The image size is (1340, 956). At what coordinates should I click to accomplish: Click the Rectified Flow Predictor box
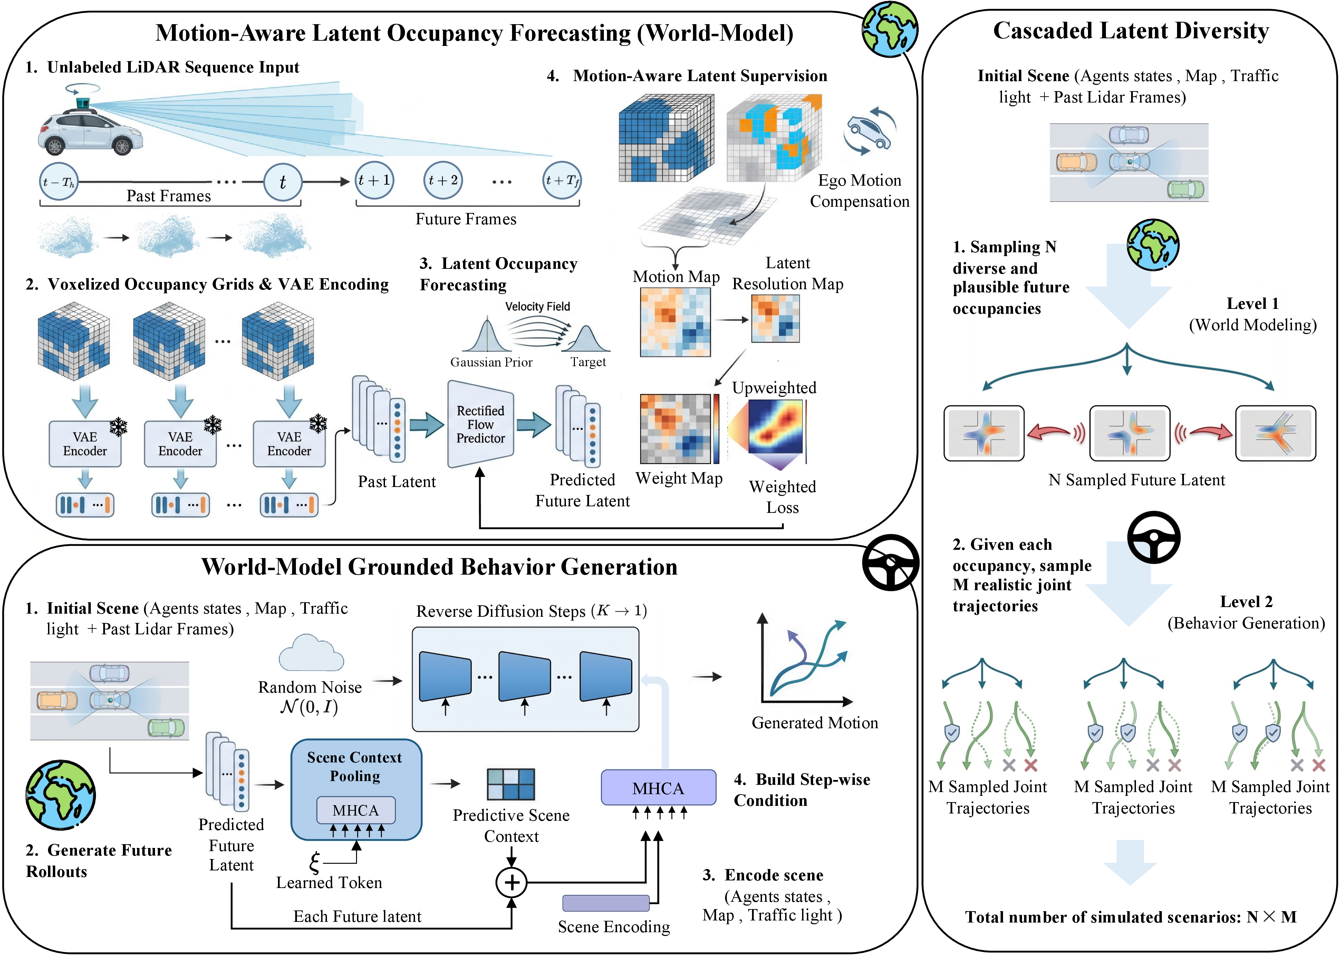point(480,425)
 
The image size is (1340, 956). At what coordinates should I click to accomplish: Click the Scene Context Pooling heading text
point(355,767)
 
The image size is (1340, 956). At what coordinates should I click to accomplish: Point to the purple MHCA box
point(658,788)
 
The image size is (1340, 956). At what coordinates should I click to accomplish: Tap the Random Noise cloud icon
point(311,653)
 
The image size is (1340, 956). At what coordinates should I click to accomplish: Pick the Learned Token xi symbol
point(315,862)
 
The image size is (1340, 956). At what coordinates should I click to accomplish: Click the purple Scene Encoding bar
point(606,903)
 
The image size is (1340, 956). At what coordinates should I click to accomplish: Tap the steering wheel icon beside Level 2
point(1153,537)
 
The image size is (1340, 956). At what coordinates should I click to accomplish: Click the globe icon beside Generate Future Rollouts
point(61,795)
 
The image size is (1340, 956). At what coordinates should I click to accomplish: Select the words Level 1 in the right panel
point(1252,304)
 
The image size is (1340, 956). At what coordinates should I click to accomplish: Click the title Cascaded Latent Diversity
point(1130,31)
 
